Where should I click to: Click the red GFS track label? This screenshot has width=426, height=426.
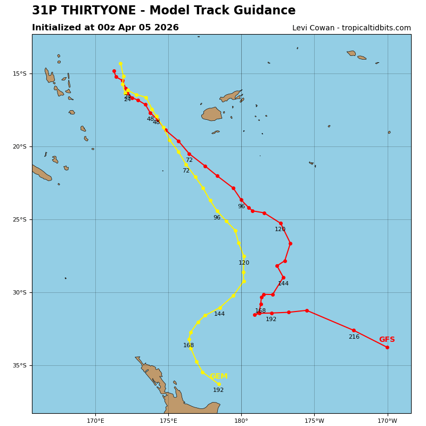pos(387,340)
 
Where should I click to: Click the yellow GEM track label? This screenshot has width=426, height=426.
pos(218,376)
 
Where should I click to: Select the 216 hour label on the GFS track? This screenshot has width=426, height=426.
pos(354,337)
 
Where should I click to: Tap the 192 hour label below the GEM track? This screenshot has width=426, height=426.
pos(218,390)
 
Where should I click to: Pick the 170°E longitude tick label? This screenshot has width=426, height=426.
pos(95,421)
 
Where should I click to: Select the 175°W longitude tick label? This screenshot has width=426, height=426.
pos(314,421)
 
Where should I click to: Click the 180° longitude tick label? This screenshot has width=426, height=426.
pos(241,421)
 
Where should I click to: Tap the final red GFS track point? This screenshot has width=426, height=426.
pos(387,347)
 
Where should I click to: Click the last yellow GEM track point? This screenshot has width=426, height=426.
pos(219,384)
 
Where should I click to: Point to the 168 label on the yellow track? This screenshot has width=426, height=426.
pos(189,346)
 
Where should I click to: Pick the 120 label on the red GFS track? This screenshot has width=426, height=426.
pos(280,230)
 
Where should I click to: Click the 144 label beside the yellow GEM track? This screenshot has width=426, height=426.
pos(219,314)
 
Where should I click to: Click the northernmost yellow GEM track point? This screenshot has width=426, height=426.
pos(120,63)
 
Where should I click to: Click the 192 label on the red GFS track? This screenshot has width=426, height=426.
pos(271,319)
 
